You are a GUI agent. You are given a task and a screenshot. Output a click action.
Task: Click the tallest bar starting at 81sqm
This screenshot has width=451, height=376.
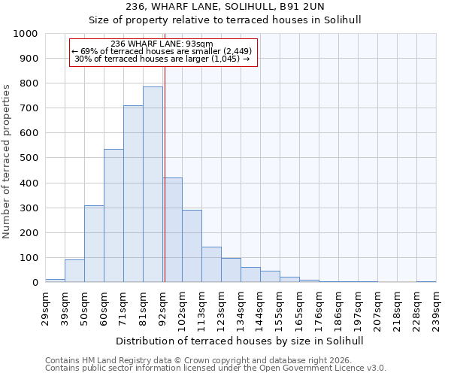153,184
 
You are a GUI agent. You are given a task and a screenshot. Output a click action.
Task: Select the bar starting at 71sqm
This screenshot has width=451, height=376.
133,194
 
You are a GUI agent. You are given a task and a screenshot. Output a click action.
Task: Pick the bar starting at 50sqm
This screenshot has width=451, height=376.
94,244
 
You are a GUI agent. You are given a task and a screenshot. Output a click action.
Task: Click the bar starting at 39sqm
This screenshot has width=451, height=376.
74,271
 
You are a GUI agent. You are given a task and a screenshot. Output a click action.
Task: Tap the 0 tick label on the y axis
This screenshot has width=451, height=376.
35,283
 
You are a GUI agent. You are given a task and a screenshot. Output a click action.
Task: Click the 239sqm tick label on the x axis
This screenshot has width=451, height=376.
436,308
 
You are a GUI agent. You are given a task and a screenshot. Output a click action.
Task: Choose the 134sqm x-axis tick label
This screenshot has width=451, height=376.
241,308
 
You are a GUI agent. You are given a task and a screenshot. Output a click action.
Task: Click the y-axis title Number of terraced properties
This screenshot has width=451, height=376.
7,161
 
